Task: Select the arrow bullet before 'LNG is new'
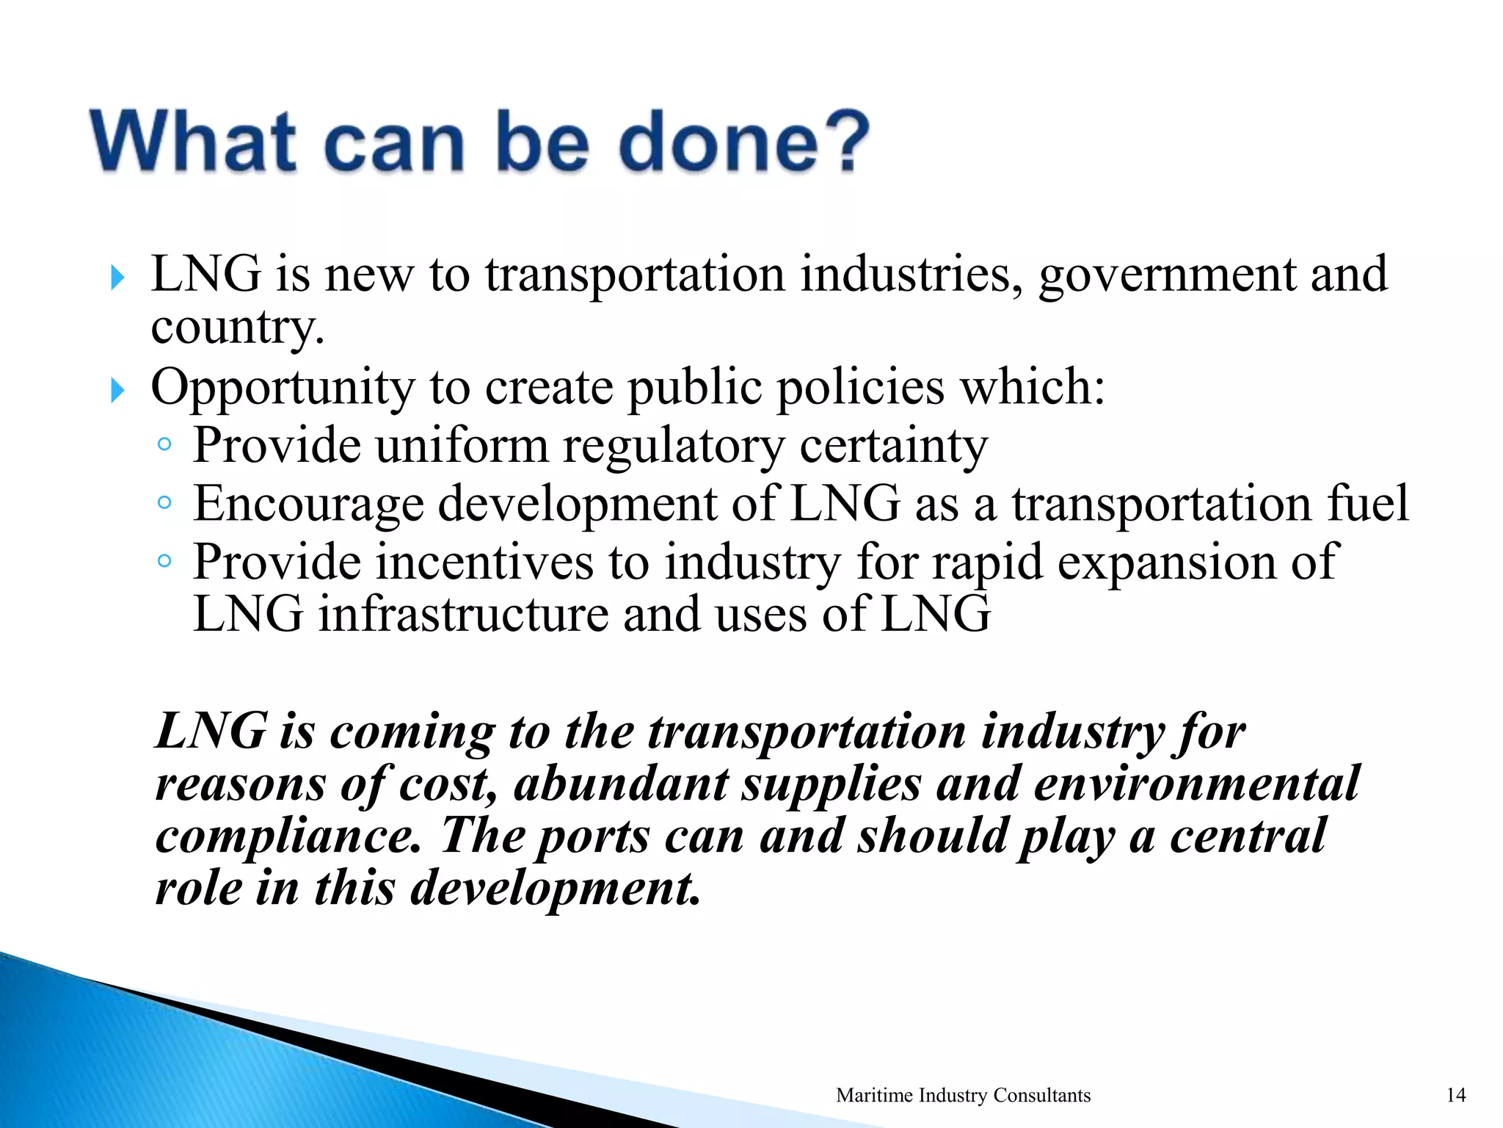tap(117, 278)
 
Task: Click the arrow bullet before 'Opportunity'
tap(117, 391)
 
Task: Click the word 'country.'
tap(237, 328)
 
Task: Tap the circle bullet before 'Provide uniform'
tap(164, 444)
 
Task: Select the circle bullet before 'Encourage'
tap(164, 503)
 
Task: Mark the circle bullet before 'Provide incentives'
tap(164, 561)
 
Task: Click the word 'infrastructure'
tap(462, 614)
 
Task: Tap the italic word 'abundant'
tap(620, 784)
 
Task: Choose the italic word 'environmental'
tap(1197, 784)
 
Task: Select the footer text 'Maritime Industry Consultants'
tap(963, 1095)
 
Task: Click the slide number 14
tap(1456, 1095)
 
